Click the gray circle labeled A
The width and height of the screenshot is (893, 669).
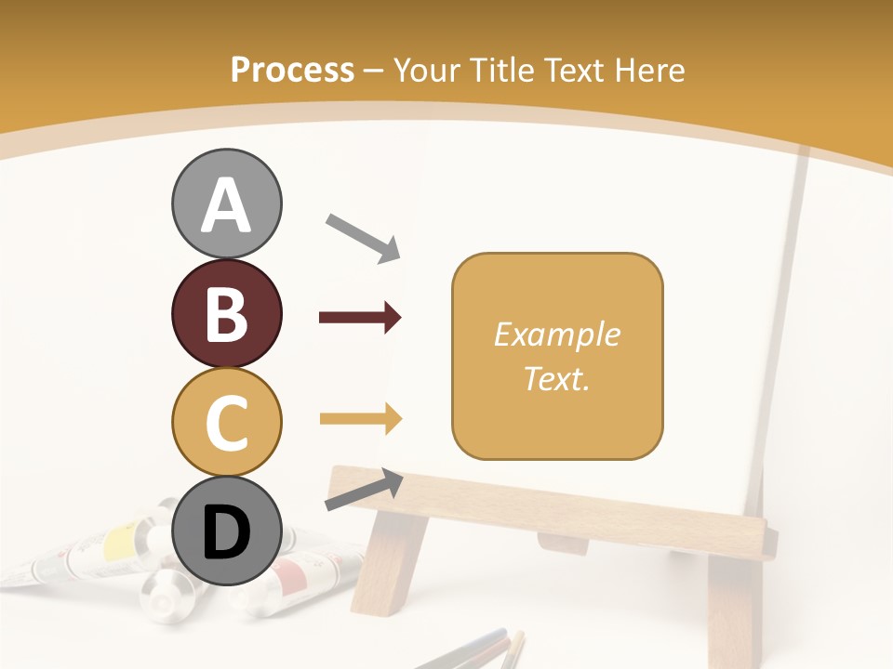226,203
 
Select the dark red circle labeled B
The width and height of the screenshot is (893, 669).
226,313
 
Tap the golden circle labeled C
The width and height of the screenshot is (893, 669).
226,422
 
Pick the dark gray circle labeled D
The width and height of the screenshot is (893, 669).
226,531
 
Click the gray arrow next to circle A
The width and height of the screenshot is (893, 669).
363,237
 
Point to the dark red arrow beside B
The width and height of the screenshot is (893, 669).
360,318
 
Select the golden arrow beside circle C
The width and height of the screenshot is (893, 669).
360,419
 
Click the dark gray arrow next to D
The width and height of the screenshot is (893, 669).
364,490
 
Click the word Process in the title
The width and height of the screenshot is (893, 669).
292,70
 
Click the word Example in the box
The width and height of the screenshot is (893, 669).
556,334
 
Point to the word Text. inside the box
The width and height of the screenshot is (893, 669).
556,378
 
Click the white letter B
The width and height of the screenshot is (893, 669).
226,313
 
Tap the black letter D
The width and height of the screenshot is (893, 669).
226,533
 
